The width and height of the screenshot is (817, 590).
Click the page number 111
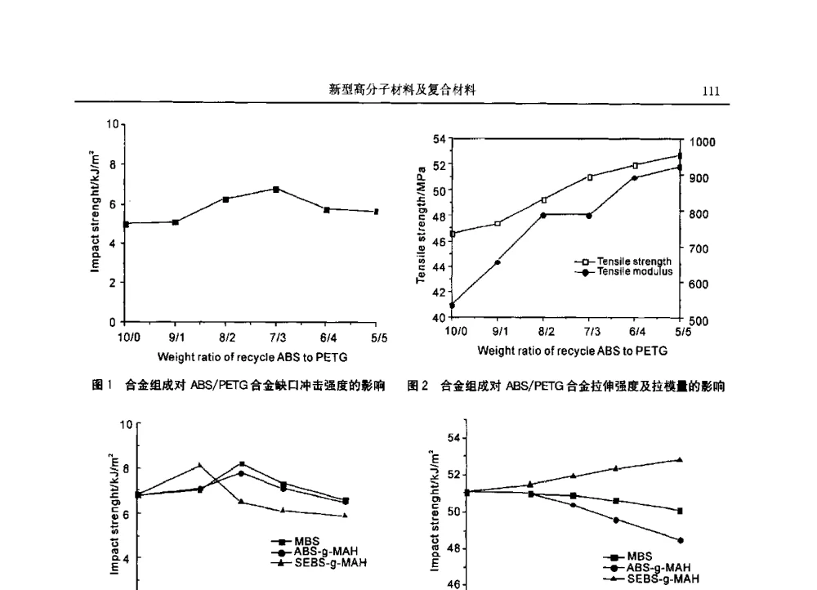[711, 92]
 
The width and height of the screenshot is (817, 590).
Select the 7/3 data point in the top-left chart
[276, 189]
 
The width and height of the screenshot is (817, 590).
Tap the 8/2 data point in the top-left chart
[225, 199]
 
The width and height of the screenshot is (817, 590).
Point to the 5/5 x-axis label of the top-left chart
[378, 337]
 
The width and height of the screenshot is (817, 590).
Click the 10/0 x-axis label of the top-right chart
[455, 331]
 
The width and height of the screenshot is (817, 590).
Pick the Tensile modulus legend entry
[634, 271]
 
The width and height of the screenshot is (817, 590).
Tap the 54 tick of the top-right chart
[440, 140]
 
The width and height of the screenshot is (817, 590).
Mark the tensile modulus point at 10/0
[452, 305]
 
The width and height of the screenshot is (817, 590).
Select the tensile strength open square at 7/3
[589, 177]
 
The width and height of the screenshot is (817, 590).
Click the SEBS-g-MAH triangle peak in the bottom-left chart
[199, 465]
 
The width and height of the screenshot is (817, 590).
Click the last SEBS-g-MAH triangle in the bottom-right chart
[680, 459]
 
